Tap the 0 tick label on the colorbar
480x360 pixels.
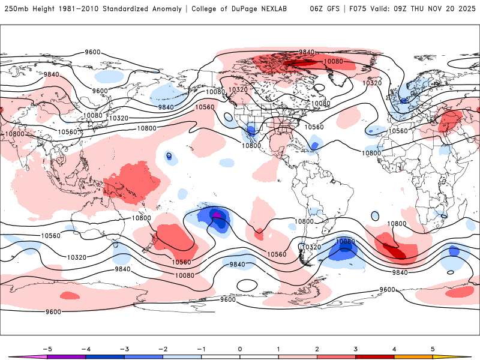(240, 349)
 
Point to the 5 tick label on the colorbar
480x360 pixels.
(432, 349)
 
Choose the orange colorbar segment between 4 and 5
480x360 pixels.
(413, 356)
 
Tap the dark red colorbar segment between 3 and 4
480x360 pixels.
(374, 356)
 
